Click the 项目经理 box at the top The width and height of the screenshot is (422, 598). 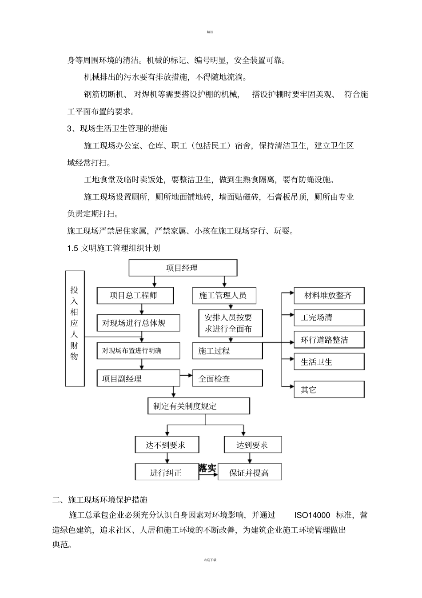point(183,268)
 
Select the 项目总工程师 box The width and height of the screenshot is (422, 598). point(135,295)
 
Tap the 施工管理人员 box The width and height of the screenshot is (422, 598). point(227,295)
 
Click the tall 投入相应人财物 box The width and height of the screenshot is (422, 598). point(75,328)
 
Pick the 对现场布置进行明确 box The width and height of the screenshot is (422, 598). point(138,351)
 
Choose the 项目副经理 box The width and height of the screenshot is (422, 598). point(138,378)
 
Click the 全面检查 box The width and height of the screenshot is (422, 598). point(227,378)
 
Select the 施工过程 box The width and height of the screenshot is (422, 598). point(227,351)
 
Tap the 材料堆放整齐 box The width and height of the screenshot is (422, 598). point(329,295)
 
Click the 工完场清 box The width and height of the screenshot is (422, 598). point(329,317)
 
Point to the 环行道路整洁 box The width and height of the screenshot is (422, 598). point(329,340)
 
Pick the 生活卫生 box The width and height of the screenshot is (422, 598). point(329,362)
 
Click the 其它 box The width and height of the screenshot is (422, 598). point(329,389)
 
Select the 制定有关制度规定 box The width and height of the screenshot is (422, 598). point(198,406)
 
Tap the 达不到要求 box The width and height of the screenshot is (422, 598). point(167,445)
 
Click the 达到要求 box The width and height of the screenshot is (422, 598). point(253,445)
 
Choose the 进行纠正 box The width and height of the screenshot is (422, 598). point(167,472)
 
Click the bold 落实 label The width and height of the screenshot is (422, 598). point(207,468)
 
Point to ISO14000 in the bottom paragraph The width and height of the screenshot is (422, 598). point(312,515)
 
